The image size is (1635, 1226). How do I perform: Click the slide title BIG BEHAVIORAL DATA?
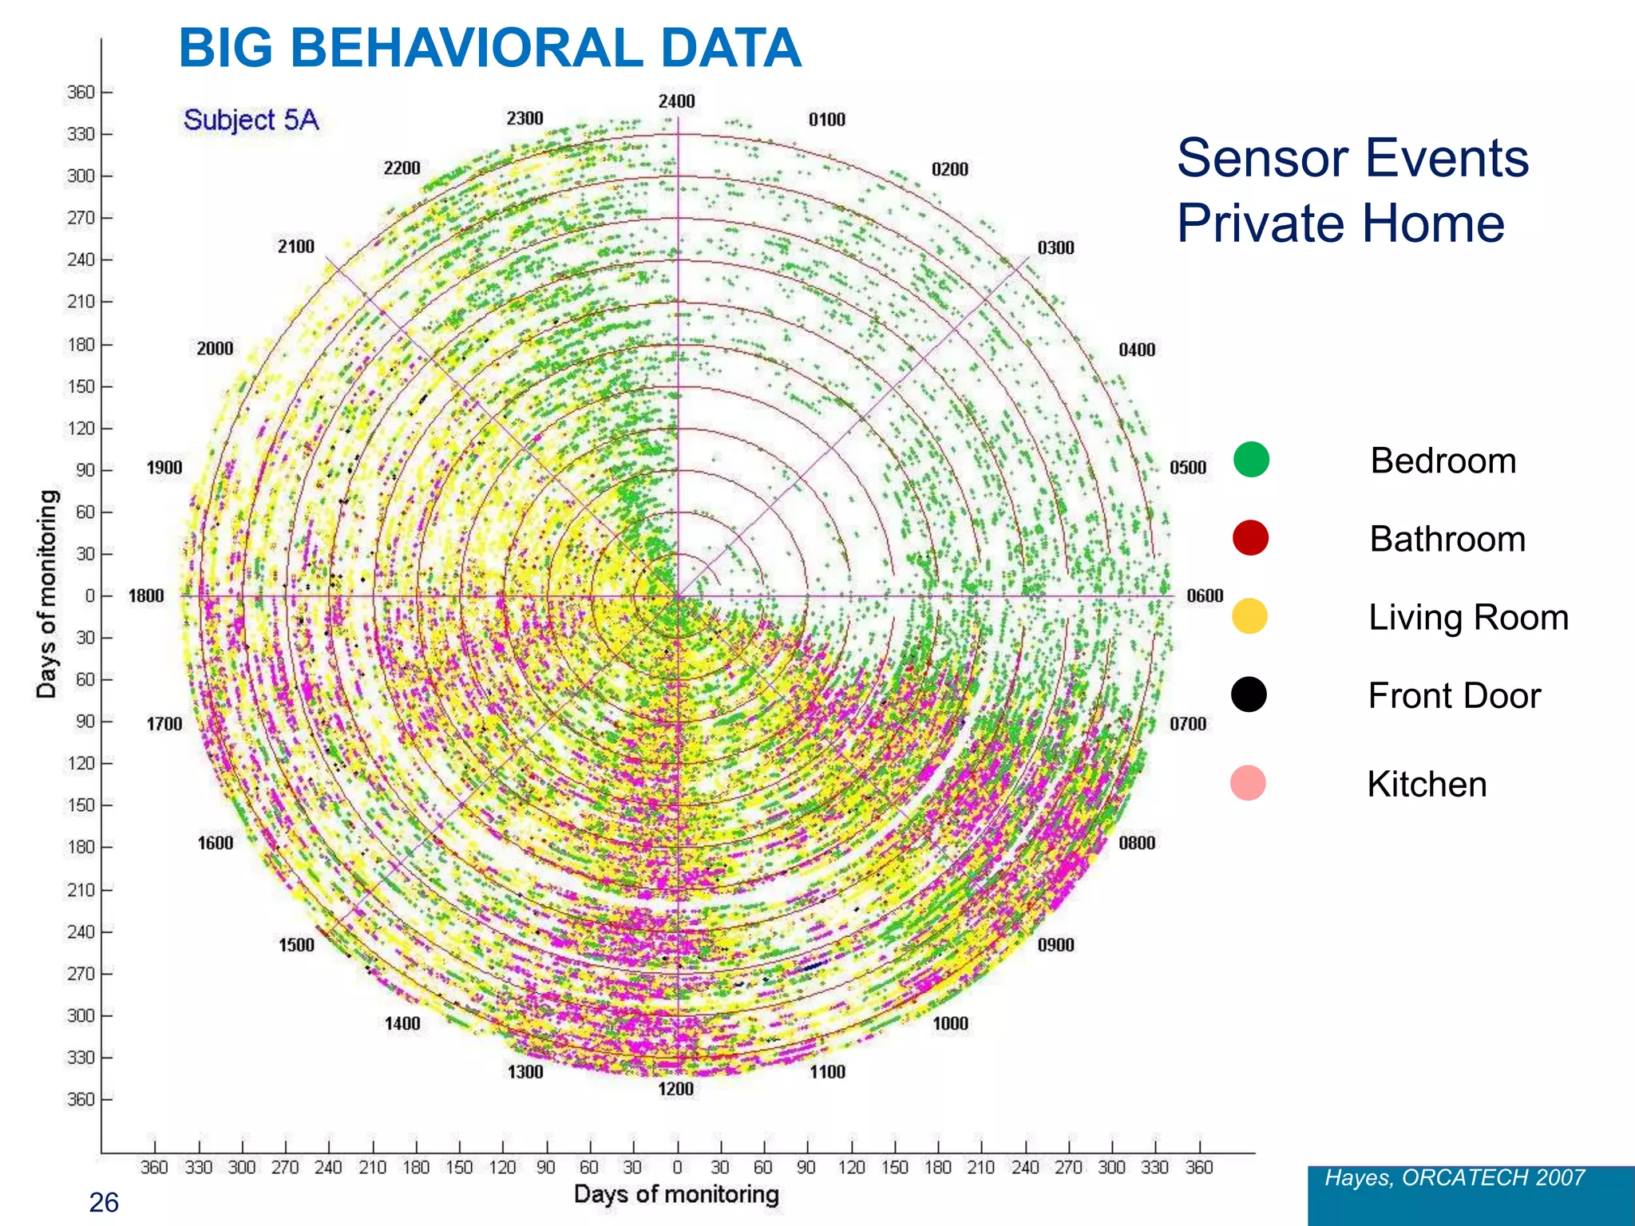pos(489,49)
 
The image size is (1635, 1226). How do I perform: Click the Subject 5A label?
pos(251,120)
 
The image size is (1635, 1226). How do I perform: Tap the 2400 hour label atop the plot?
pos(676,101)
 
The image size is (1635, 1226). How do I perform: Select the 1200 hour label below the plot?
pos(675,1089)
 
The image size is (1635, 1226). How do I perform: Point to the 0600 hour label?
pos(1205,595)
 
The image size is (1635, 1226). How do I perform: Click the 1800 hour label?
pos(146,595)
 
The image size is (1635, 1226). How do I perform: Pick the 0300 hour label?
pos(1055,247)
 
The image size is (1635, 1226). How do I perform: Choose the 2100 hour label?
pos(296,247)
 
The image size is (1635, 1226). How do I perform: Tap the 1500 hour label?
pos(296,945)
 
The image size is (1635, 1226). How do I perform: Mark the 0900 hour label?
pos(1055,945)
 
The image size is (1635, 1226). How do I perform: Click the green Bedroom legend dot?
pos(1251,460)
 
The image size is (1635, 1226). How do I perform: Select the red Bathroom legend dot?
pos(1250,538)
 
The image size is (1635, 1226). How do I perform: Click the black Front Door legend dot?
pos(1249,694)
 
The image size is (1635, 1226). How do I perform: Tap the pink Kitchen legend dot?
pos(1248,783)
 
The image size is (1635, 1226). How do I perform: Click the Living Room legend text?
pos(1468,618)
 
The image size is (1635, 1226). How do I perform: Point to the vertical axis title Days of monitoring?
pos(48,594)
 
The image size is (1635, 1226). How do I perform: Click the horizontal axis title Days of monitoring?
pos(676,1194)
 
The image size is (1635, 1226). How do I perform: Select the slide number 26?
pos(104,1202)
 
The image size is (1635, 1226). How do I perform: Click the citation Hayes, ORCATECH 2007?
pos(1455,1177)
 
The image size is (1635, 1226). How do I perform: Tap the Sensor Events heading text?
pos(1352,158)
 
